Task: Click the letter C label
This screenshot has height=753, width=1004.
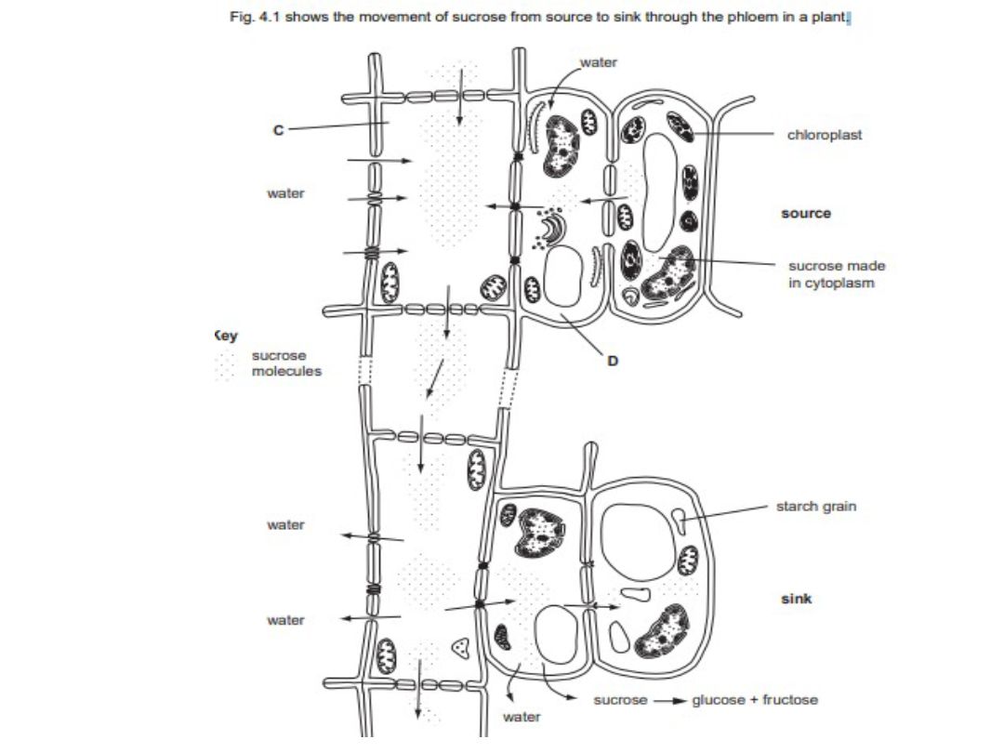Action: click(x=277, y=131)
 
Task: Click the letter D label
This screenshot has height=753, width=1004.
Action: click(x=612, y=360)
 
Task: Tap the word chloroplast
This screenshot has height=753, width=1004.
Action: click(x=824, y=135)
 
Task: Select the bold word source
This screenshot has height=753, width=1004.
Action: click(x=806, y=213)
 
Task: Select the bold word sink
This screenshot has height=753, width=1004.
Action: click(x=796, y=599)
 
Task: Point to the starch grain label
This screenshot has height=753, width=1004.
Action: click(x=816, y=507)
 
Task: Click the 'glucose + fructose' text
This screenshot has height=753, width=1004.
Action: click(x=755, y=699)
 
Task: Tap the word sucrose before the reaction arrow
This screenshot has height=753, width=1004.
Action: click(x=620, y=699)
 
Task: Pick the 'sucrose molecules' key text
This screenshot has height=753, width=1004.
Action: click(x=286, y=363)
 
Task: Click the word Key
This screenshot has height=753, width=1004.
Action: click(x=226, y=337)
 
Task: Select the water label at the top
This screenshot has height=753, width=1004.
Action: click(x=598, y=62)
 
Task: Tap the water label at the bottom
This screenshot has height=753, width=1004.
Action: click(x=521, y=717)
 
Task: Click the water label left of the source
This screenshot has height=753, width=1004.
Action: click(x=285, y=193)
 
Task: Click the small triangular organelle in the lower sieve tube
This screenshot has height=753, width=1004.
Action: click(x=459, y=649)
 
